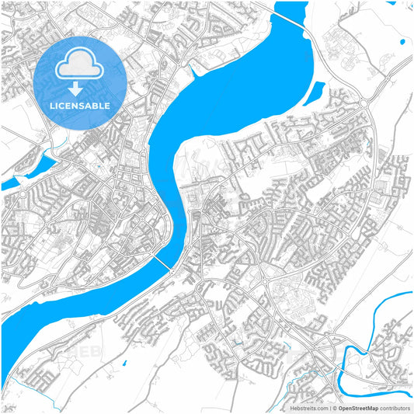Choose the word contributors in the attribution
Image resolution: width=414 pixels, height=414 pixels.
click(x=395, y=407)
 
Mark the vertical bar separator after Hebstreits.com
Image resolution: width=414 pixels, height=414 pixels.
click(x=329, y=407)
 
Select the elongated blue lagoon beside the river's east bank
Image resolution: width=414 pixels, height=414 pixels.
click(x=312, y=95)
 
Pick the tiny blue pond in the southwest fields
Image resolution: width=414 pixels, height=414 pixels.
click(x=124, y=362)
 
